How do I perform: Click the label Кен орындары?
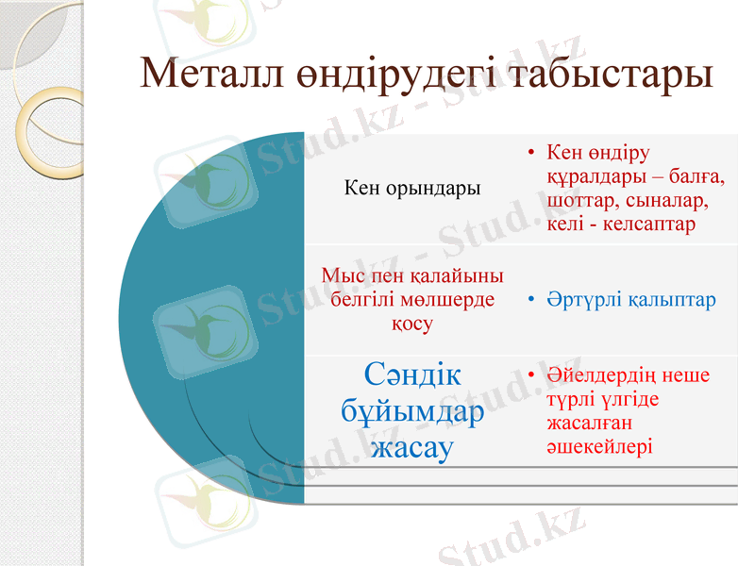[412, 188]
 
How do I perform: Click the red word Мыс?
[342, 276]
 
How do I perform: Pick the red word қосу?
[412, 324]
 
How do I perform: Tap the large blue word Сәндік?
[412, 375]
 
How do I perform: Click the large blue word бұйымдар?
[412, 410]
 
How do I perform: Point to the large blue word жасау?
[412, 446]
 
